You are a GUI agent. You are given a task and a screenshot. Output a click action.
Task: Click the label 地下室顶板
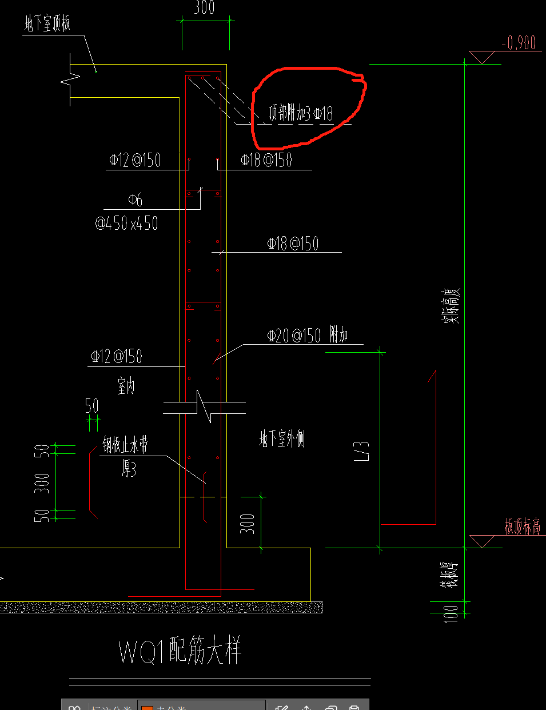tap(47, 24)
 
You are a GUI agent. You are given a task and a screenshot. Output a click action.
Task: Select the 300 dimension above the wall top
tap(204, 8)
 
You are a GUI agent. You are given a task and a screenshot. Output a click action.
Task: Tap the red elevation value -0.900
tap(519, 43)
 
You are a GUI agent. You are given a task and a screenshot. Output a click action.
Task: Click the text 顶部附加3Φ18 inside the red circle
tap(301, 113)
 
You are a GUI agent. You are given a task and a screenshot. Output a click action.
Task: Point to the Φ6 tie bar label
tap(135, 200)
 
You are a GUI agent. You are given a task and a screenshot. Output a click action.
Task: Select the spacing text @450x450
tap(126, 222)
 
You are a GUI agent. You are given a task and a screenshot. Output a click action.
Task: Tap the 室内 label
tap(126, 387)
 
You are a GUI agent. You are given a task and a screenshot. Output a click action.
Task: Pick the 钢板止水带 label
tap(125, 445)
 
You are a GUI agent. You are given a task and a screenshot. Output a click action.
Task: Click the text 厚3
tap(129, 469)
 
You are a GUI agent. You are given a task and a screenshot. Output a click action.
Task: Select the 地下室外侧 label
tap(282, 439)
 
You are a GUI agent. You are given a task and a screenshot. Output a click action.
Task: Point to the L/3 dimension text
tap(362, 450)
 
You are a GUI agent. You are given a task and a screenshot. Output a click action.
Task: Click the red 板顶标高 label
tap(522, 526)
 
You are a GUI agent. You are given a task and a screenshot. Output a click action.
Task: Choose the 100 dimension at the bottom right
tap(451, 613)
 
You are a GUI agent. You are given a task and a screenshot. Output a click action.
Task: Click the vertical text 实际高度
tap(451, 307)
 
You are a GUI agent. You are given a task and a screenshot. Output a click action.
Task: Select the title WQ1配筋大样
tap(180, 651)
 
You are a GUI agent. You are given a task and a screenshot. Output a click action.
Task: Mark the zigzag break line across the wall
tap(204, 407)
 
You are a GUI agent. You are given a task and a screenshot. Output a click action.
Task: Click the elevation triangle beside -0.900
tap(482, 57)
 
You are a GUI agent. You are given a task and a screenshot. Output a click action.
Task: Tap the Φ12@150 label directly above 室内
tap(116, 357)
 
